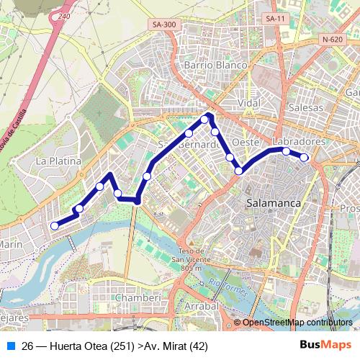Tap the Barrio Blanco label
pos(215,65)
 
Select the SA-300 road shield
pos(164,24)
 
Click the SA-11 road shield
pos(272,18)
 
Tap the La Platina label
pos(58,161)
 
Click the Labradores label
pos(300,142)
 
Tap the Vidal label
pos(248,103)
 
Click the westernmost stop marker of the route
pos(54,226)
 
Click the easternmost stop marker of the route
pos(304,157)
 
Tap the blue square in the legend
pos(11,345)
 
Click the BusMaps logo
pos(320,345)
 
